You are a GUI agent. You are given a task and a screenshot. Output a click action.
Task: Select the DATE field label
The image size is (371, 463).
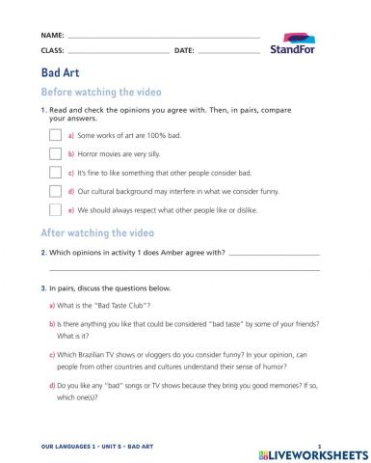coord(184,50)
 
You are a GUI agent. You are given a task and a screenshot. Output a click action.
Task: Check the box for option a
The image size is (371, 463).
coord(56,137)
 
